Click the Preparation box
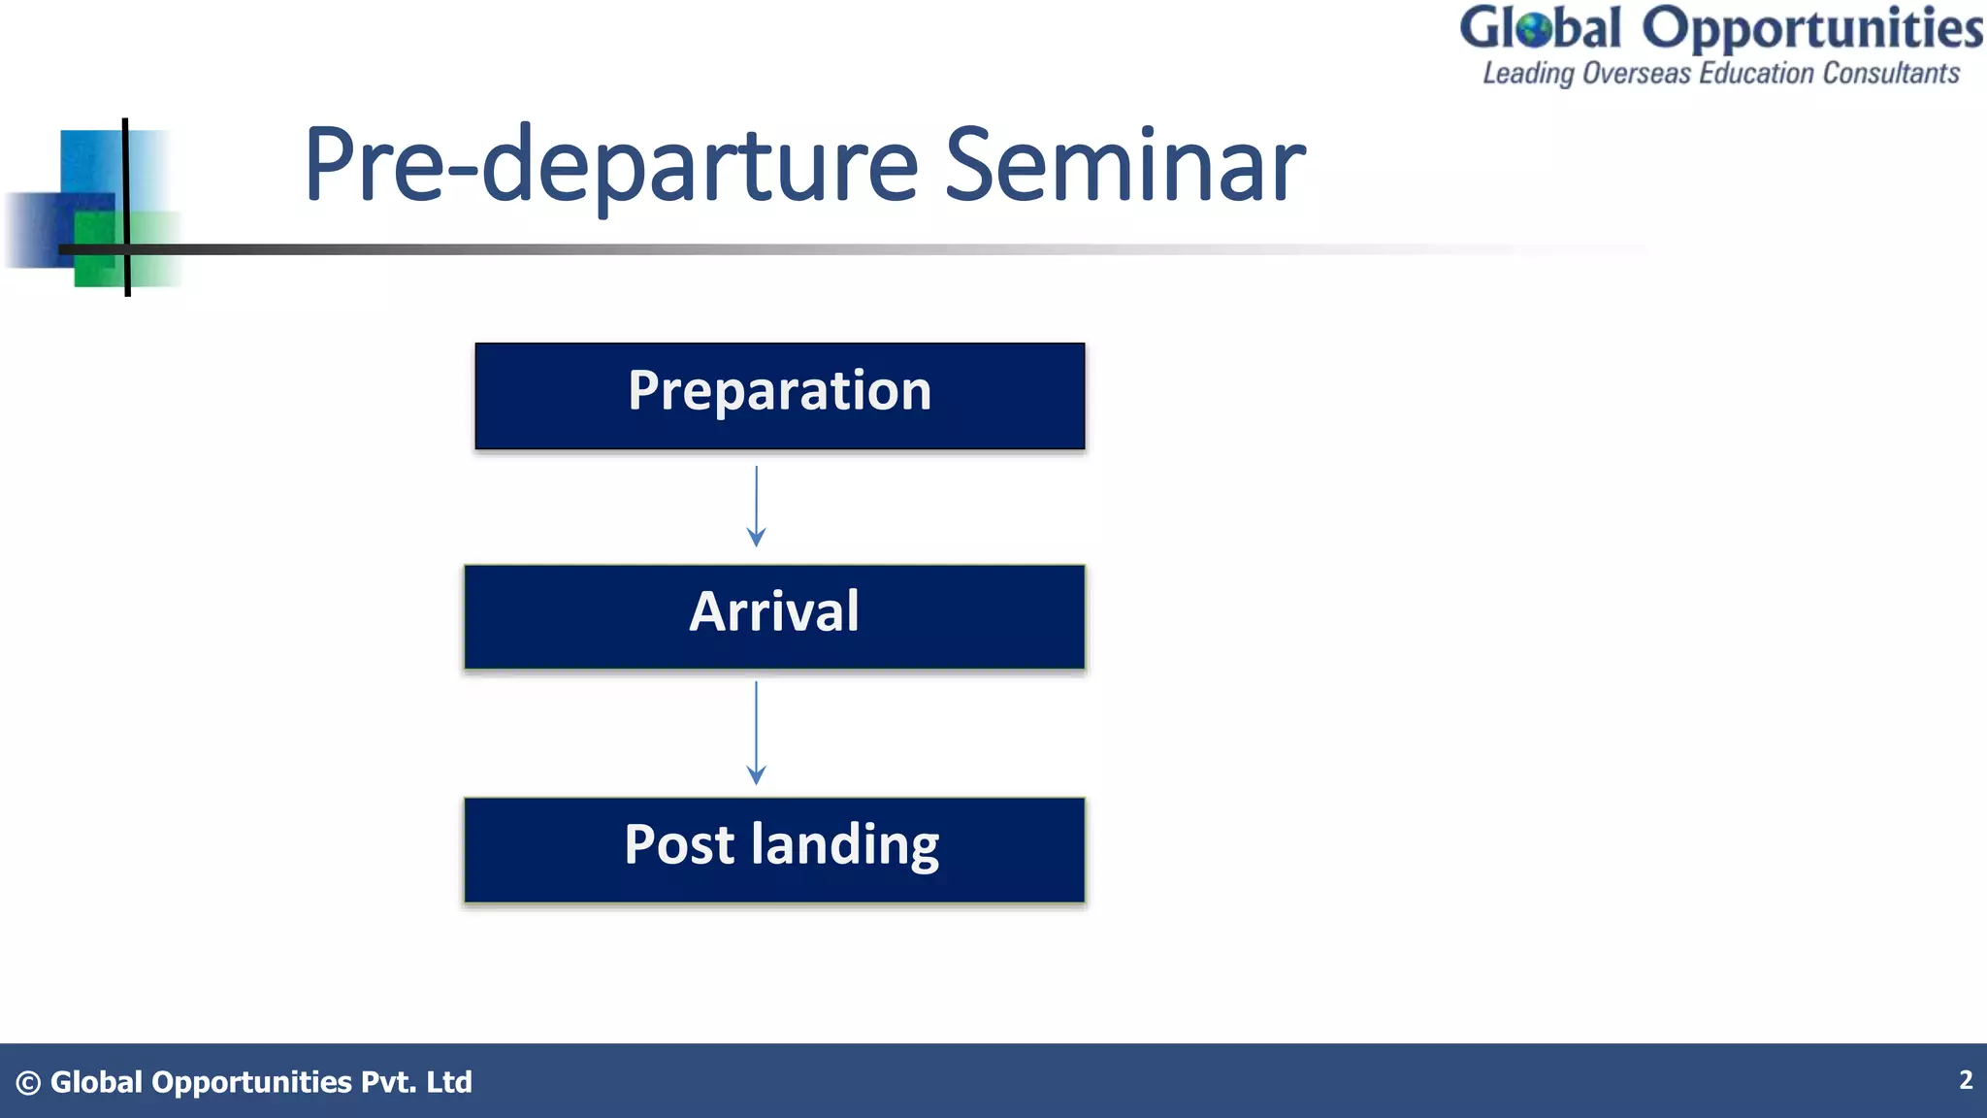779,395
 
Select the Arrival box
774,616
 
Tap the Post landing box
774,849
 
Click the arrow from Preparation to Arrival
756,506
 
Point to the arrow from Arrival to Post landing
756,732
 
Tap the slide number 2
1965,1080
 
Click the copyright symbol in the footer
28,1083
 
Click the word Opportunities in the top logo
1811,29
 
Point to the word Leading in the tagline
1528,74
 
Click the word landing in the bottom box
845,844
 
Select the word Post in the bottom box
679,844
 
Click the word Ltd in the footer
449,1082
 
